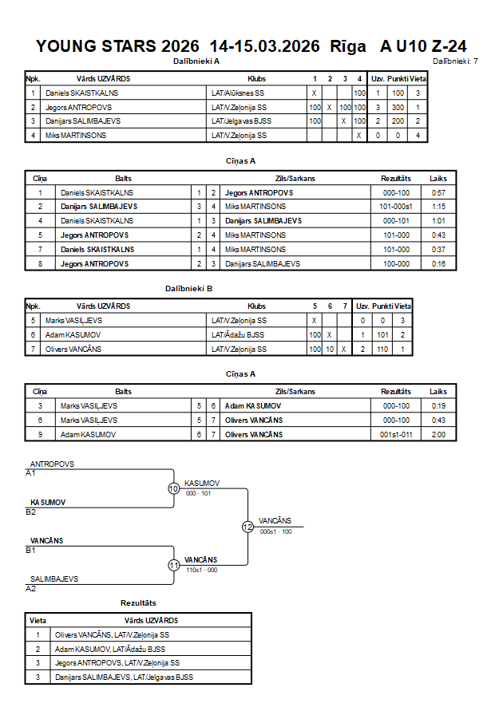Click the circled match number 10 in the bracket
coord(174,489)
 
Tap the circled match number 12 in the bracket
coord(248,527)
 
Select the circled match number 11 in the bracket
coord(174,566)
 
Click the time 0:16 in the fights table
coord(438,264)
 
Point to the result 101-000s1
coord(396,207)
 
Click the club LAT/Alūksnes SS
coord(238,93)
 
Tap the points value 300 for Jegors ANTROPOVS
coord(398,108)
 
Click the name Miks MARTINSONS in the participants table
coord(76,136)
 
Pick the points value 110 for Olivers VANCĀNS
coord(382,350)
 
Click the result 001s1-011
coord(396,435)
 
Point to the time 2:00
coord(438,435)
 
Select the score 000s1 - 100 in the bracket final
coord(275,532)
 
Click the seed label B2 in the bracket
coord(31,512)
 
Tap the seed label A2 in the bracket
coord(31,589)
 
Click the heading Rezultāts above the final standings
coord(138,603)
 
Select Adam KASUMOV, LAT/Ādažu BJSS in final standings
coord(110,650)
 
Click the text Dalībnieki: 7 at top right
coord(455,61)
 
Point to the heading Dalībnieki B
coord(188,289)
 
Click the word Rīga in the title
coord(348,46)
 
